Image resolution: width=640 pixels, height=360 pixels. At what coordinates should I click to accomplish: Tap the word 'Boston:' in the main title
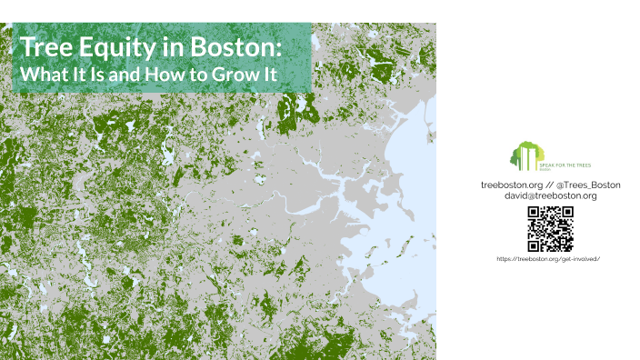pyautogui.click(x=239, y=46)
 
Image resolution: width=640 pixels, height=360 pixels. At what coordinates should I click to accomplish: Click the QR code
pyautogui.click(x=550, y=229)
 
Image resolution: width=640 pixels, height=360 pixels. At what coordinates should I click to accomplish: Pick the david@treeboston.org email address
pyautogui.click(x=550, y=195)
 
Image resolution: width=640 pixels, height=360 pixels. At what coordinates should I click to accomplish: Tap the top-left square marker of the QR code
pyautogui.click(x=535, y=214)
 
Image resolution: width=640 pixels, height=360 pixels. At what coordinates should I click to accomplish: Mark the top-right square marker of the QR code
pyautogui.click(x=566, y=214)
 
